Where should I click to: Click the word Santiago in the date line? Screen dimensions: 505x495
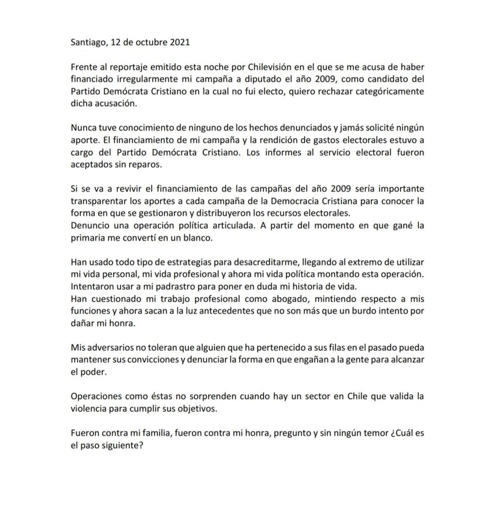click(88, 43)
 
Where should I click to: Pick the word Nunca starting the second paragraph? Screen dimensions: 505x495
click(82, 128)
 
